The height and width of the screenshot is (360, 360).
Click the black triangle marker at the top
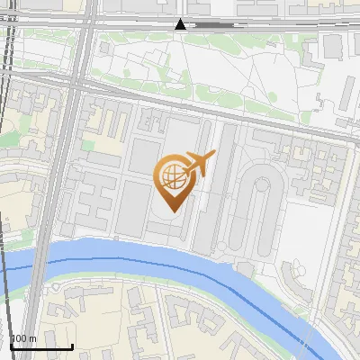click(181, 24)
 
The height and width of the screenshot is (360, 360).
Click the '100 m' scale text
click(23, 338)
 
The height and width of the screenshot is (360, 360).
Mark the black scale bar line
click(41, 346)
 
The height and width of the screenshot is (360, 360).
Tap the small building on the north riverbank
click(245, 268)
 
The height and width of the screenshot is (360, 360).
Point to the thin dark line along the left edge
click(4, 180)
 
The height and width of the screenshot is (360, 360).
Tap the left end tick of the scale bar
click(10, 346)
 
